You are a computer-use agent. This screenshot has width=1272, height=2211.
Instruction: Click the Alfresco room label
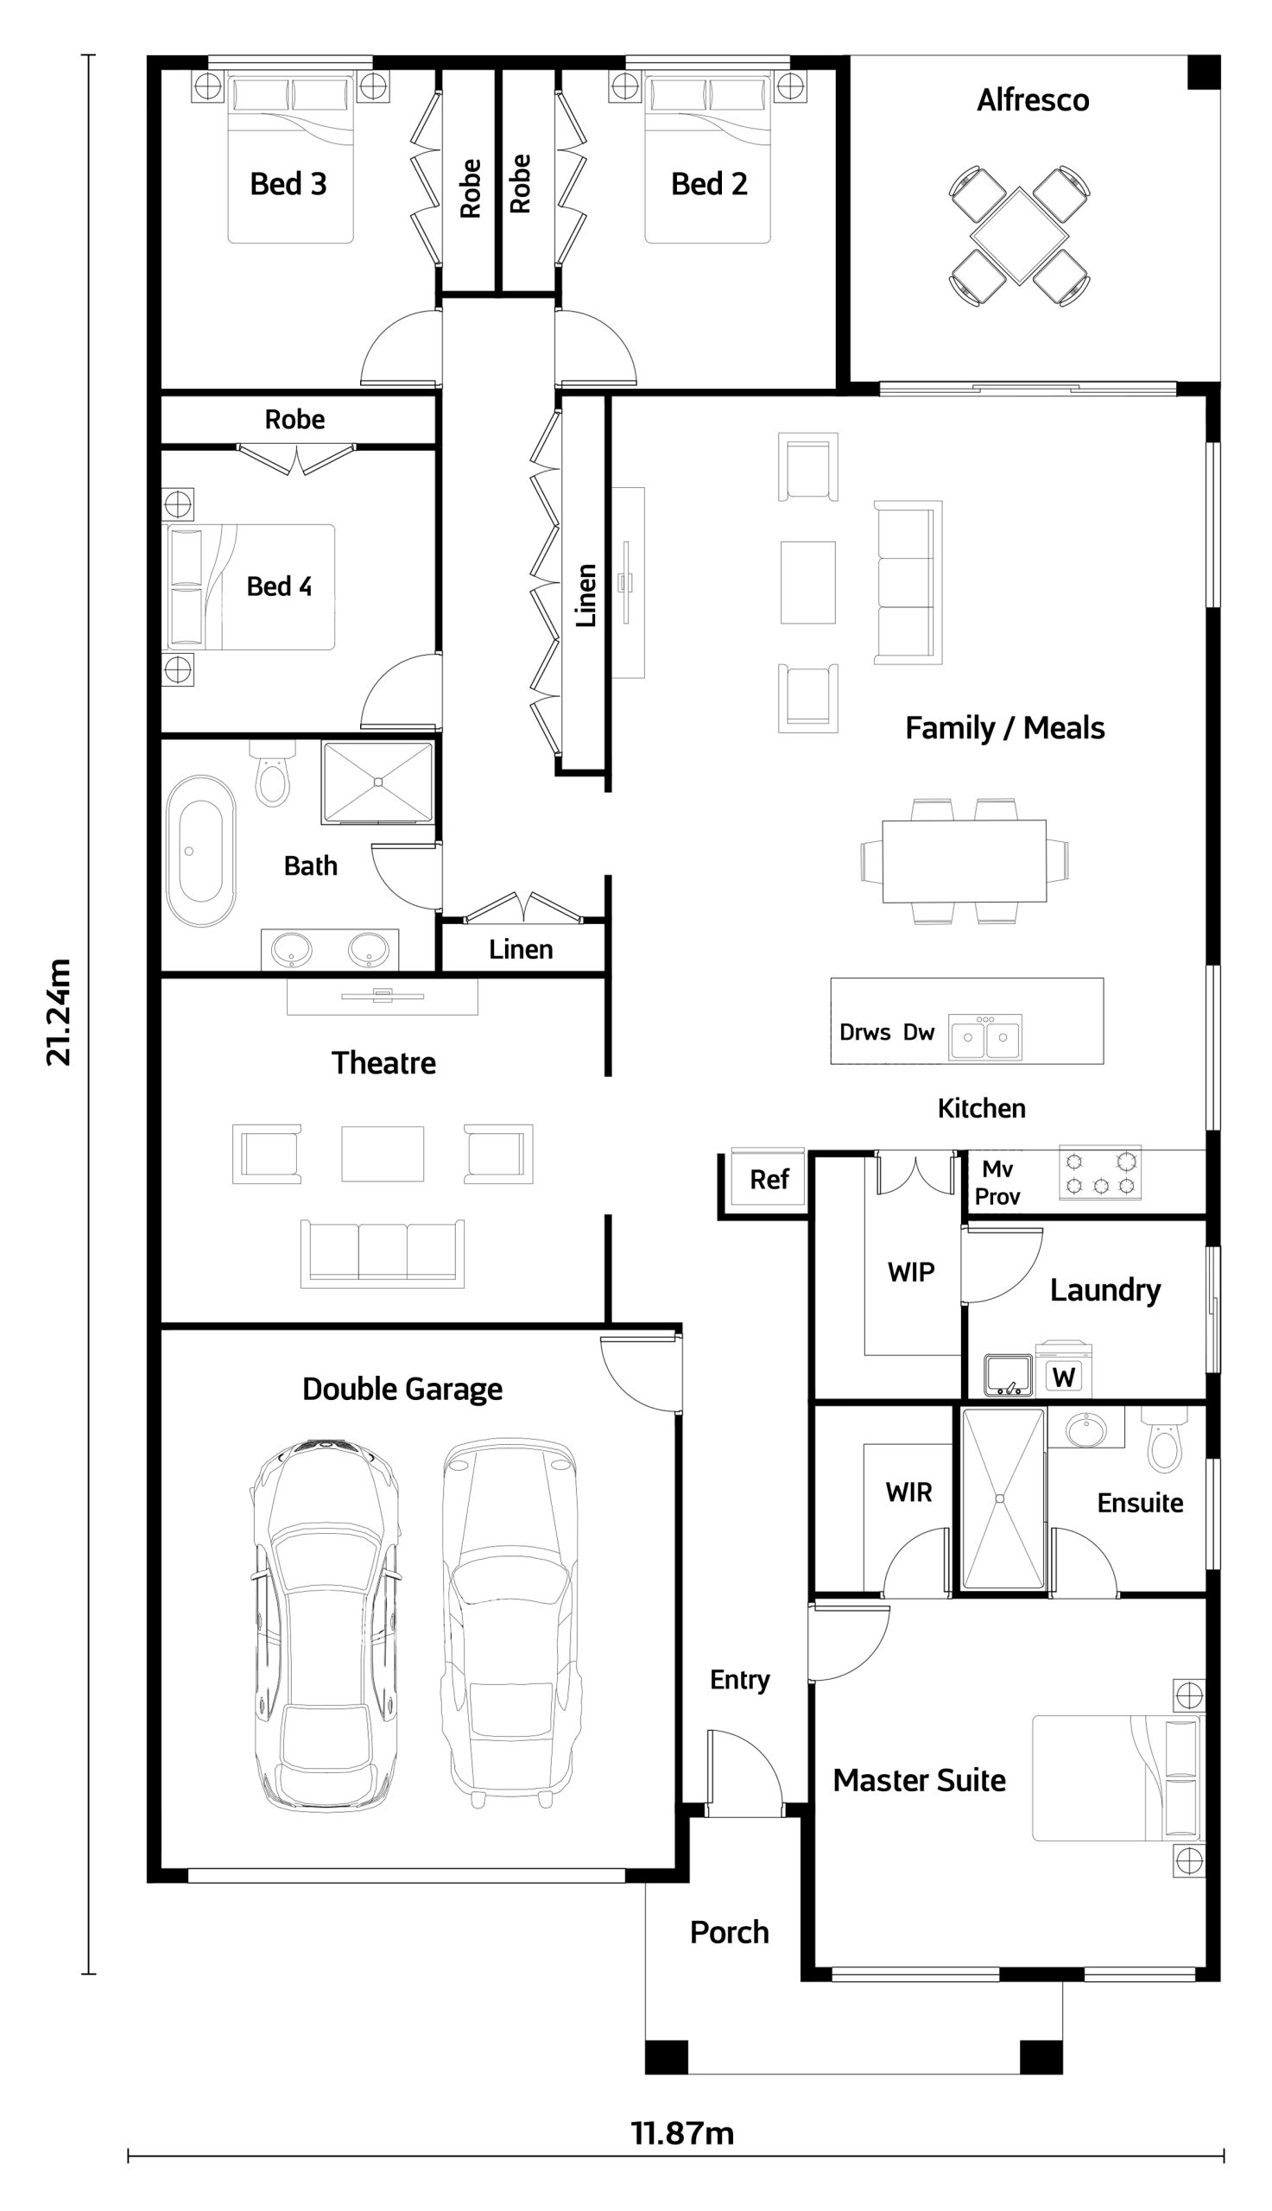[1033, 100]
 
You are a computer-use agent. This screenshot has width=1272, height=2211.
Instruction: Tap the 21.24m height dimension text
[59, 1012]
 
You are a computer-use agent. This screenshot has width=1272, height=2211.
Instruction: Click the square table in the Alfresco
[1020, 235]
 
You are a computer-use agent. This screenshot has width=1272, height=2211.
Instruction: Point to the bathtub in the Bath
[201, 850]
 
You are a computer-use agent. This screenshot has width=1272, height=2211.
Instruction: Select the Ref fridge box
[768, 1178]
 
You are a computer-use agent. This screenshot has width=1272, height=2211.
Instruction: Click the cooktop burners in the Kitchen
[1101, 1172]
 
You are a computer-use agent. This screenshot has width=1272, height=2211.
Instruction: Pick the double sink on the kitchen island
[985, 1037]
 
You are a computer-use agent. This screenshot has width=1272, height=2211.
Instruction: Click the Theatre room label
[383, 1063]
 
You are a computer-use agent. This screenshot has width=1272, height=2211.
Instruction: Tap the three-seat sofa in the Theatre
[383, 1253]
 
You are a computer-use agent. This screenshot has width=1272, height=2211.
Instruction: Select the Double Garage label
[402, 1389]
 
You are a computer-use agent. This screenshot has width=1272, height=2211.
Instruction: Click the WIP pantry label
[911, 1272]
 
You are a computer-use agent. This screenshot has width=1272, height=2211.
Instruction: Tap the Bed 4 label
[279, 586]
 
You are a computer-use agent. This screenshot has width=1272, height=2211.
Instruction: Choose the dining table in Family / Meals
[965, 860]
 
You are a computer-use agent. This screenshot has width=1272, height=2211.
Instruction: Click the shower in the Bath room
[377, 782]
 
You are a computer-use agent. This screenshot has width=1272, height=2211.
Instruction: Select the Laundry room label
[1105, 1290]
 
